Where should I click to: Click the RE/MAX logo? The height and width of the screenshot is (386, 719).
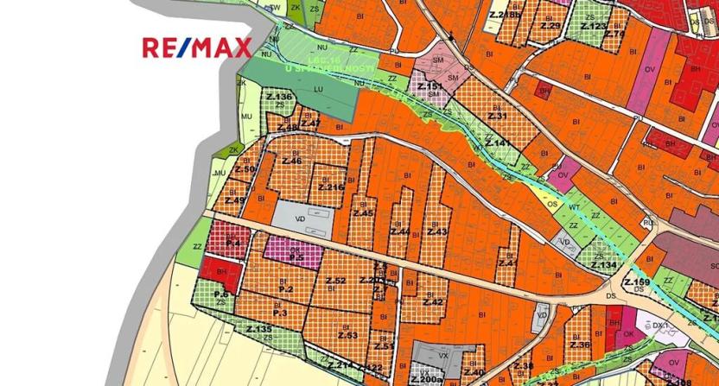coord(197,47)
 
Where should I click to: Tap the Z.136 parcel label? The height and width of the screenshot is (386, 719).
coord(278,96)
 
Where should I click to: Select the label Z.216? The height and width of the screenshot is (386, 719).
coord(331,187)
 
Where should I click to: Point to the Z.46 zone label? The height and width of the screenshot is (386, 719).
coord(291,161)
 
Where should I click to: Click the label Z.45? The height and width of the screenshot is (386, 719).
coord(363,212)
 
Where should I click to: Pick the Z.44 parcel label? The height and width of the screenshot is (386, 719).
coord(400,231)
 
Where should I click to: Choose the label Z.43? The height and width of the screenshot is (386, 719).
coord(437,231)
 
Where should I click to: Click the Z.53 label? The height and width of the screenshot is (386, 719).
coord(347,335)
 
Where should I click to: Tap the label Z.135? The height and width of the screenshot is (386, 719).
coord(258,330)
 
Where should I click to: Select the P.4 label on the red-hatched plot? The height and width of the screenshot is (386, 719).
coord(232,244)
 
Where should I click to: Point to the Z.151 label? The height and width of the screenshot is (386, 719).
coord(429,87)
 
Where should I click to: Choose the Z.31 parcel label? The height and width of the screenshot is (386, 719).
coord(497,115)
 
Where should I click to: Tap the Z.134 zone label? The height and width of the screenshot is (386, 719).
coord(604,264)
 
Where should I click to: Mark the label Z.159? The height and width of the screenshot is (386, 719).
coord(636,282)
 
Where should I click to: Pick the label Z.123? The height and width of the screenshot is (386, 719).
coord(594,27)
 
